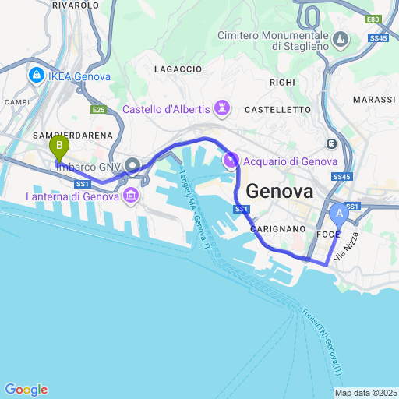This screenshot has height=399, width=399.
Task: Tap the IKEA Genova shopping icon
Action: coord(36,76)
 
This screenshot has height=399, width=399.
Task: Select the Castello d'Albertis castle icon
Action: coord(224,108)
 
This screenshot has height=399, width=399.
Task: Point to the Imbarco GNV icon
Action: coord(132,164)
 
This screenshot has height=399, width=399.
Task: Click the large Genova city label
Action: coord(280,192)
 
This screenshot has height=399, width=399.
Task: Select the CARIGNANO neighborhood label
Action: coord(277,230)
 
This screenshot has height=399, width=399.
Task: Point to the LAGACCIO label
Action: coord(178,69)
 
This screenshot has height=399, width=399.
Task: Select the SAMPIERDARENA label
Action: coord(73,135)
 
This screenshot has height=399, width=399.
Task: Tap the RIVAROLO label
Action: coord(75,5)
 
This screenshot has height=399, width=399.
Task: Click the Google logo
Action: coord(26,390)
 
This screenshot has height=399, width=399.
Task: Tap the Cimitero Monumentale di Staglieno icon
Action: coord(341,39)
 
